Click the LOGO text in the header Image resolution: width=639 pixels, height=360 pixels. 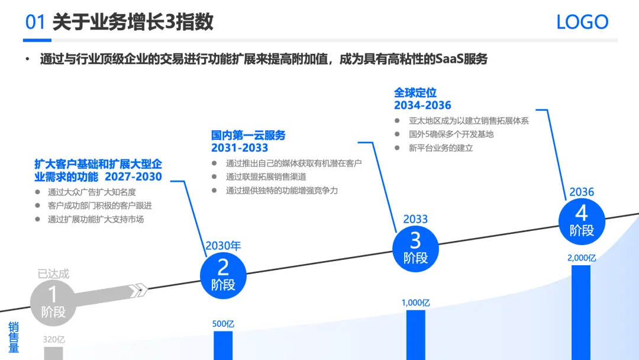(582, 22)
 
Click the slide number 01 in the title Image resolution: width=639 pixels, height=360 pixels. (35, 22)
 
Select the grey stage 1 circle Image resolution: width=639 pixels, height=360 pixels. (53, 303)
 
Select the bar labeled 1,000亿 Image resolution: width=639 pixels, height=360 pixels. (415, 335)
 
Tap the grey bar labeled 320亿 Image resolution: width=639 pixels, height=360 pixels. (53, 353)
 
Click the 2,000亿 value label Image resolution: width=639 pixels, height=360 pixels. (581, 258)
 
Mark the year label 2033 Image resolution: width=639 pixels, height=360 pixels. (415, 219)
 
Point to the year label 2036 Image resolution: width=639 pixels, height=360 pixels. (582, 192)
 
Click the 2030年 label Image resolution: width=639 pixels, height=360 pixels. (223, 246)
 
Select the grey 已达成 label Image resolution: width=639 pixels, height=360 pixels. (53, 274)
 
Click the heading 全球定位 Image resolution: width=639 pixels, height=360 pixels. (415, 93)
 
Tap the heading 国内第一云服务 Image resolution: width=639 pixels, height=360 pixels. (248, 136)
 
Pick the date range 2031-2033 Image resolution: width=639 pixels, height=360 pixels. (240, 148)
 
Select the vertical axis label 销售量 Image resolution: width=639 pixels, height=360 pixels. (14, 337)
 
